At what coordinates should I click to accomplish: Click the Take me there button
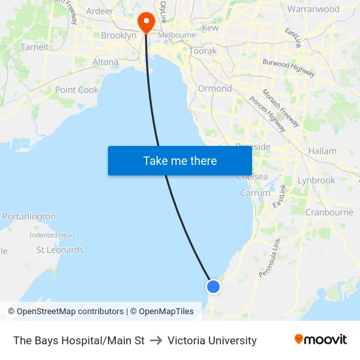click(180, 160)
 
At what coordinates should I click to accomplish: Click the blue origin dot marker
click(213, 286)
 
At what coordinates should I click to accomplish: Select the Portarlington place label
click(29, 217)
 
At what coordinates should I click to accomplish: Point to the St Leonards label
click(60, 250)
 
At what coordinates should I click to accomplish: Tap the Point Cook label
click(77, 90)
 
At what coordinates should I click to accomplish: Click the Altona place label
click(105, 63)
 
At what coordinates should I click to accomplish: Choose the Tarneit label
click(34, 47)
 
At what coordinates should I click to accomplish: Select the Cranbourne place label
click(329, 212)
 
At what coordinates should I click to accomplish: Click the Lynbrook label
click(316, 180)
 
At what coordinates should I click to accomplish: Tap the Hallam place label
click(322, 151)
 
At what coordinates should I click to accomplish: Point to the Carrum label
click(255, 193)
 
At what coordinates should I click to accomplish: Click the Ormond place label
click(215, 88)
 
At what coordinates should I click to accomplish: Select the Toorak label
click(202, 51)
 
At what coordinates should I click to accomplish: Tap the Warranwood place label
click(314, 10)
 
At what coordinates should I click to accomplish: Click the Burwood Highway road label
click(288, 66)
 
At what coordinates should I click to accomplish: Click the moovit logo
click(320, 340)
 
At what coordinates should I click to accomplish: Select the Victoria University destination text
click(212, 340)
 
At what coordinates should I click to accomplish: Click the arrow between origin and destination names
click(156, 340)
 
